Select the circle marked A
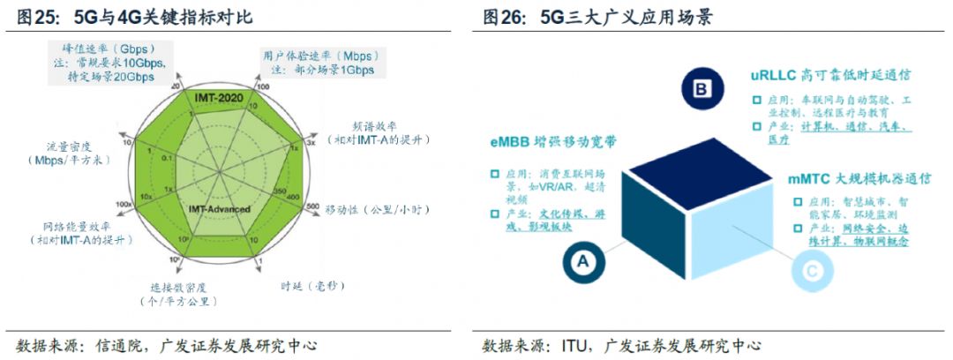(x=582, y=260)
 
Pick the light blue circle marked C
(x=813, y=266)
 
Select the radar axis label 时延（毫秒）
(x=313, y=285)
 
